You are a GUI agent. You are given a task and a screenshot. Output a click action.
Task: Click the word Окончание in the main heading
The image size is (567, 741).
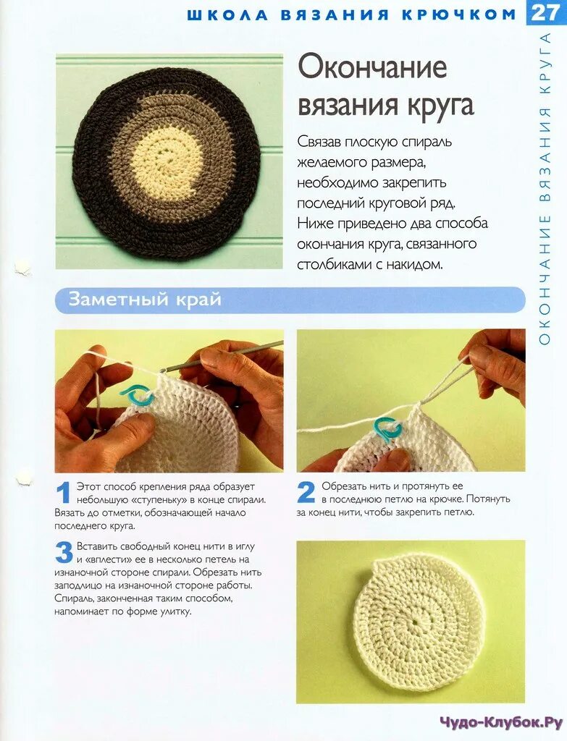tap(372, 67)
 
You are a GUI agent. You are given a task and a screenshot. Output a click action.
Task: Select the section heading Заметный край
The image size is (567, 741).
tap(145, 300)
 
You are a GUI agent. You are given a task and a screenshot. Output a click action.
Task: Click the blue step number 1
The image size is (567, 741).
tap(64, 493)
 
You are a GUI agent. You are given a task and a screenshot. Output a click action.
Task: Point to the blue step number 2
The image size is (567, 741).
tap(306, 492)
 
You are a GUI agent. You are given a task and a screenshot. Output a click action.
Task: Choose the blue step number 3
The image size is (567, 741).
tap(64, 553)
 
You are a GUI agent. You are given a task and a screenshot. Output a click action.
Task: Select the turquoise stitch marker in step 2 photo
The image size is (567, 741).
tap(387, 428)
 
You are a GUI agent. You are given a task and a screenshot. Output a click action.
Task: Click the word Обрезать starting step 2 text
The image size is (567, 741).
tap(344, 486)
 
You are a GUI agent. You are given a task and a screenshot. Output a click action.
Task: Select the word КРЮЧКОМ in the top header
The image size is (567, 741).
tap(458, 14)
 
